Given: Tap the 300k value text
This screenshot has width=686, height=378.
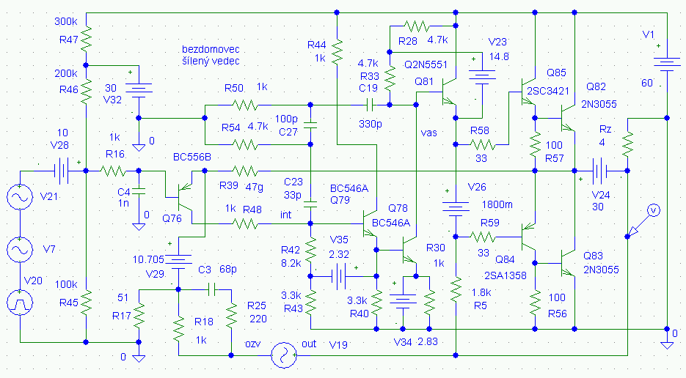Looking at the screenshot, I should (x=66, y=22).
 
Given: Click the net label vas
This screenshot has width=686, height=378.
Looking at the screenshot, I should (x=429, y=133).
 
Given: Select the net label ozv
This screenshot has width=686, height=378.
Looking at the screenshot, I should (x=254, y=344).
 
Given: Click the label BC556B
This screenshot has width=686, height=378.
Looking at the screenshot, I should (x=192, y=157).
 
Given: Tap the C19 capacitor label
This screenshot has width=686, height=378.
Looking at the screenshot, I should (x=368, y=87).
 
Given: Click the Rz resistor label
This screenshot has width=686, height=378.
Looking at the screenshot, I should (x=605, y=129).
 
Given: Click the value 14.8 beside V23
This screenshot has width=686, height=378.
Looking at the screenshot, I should (x=499, y=56).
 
